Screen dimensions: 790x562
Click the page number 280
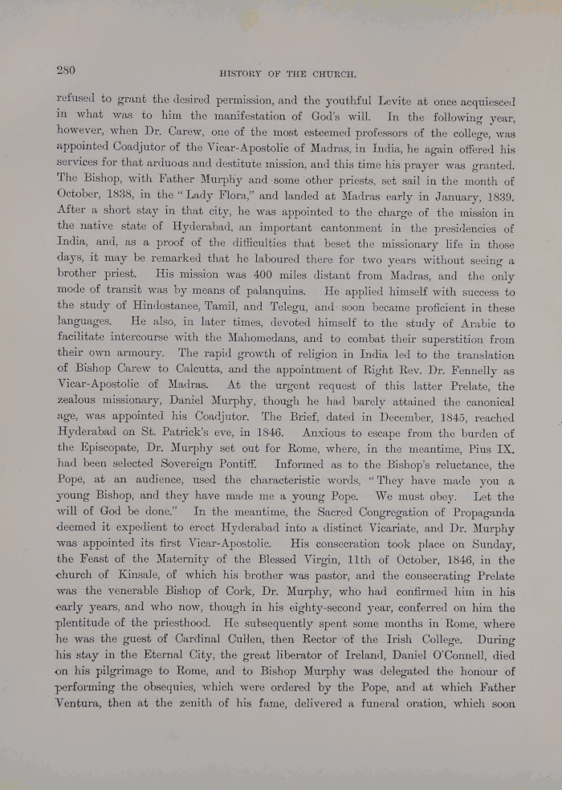(66, 70)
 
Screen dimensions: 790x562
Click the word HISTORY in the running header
(243, 74)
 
